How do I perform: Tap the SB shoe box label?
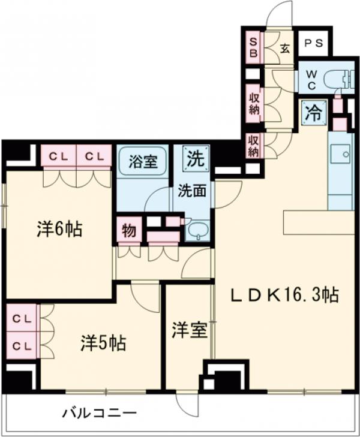[x=254, y=46]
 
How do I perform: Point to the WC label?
[x=313, y=79]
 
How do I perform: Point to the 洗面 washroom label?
[x=191, y=191]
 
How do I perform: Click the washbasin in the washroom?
[x=197, y=230]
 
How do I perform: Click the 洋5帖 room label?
[x=103, y=343]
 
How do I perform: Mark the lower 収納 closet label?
[x=254, y=145]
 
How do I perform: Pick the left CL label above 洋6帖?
[x=58, y=156]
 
